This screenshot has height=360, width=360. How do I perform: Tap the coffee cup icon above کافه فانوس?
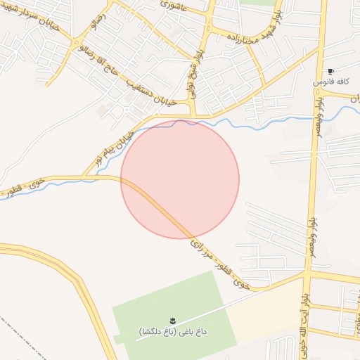(330, 72)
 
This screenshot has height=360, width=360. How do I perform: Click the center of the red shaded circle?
(180, 179)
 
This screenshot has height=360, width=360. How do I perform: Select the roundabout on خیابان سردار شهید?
(77, 44)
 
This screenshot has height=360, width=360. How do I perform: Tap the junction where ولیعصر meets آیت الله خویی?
(308, 273)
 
